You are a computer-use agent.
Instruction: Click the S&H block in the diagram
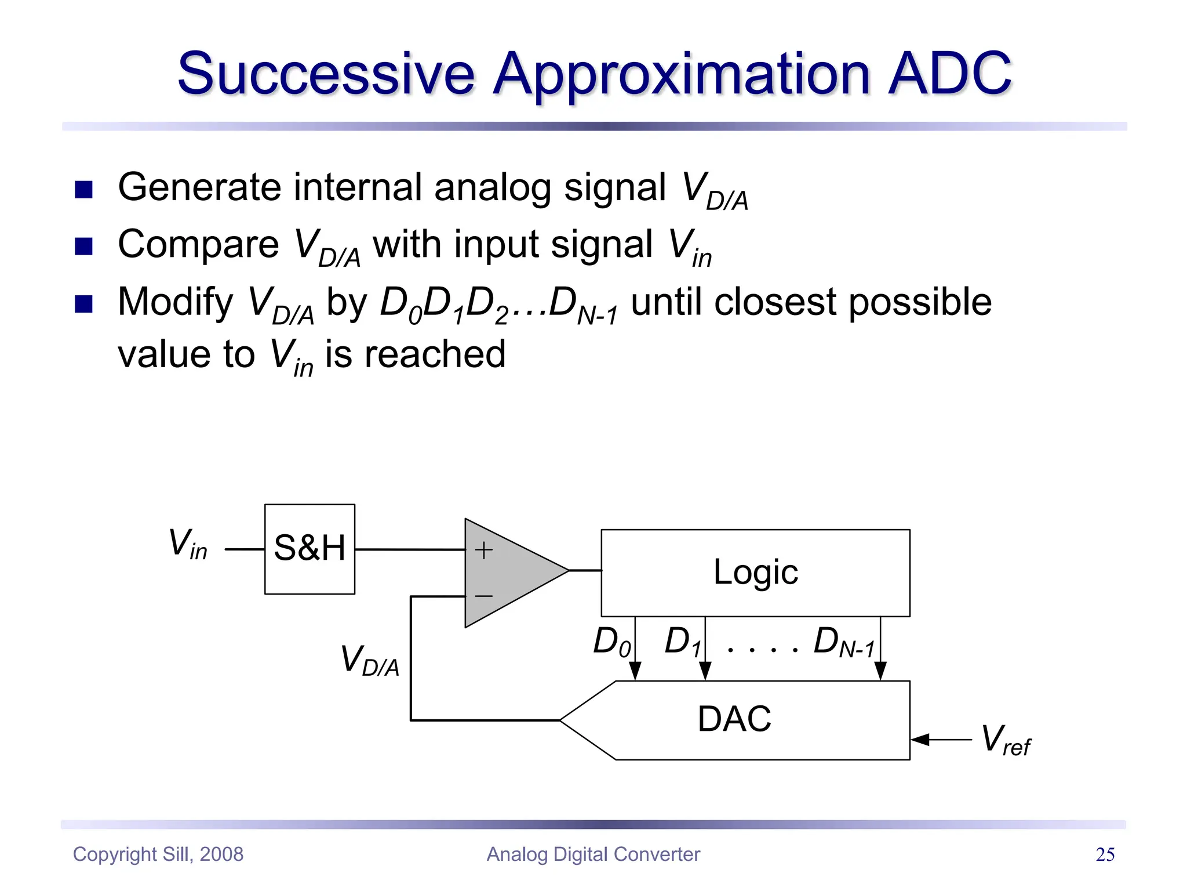tap(310, 549)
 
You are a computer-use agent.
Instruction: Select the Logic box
tap(755, 573)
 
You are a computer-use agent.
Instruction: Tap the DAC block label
tap(734, 719)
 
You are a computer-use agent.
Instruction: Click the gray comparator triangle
tap(510, 573)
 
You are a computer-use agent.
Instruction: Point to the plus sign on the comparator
tap(484, 550)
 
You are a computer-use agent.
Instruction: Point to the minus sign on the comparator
tap(484, 596)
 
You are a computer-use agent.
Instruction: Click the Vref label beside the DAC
tap(1006, 740)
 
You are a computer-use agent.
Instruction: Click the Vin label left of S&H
tap(187, 544)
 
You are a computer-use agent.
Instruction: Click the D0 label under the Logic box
tap(611, 642)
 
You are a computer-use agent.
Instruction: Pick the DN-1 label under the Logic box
tap(843, 642)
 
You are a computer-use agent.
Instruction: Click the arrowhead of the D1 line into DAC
tap(705, 671)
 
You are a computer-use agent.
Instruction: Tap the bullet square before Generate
tap(84, 190)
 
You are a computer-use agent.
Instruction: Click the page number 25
tap(1105, 854)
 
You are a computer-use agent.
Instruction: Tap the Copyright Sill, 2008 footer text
tap(158, 854)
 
